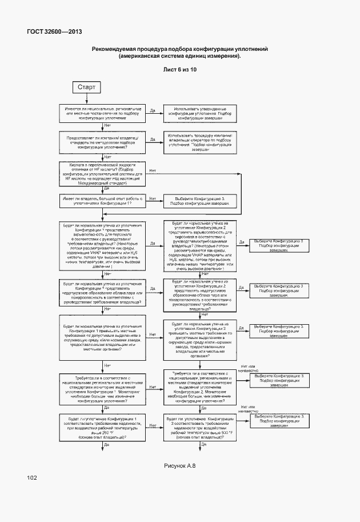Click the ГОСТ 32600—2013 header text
coord(54,31)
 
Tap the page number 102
coord(32,477)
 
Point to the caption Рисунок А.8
coord(180,466)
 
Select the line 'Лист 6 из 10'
coord(179,70)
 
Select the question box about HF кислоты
coord(103,173)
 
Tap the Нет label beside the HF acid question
coord(153,170)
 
